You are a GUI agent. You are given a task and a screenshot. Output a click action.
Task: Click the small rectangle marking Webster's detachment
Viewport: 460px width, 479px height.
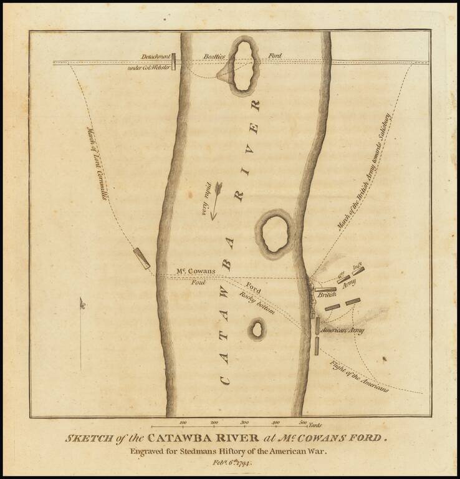[175, 61]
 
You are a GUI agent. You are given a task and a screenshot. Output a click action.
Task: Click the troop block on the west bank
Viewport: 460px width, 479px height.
[141, 258]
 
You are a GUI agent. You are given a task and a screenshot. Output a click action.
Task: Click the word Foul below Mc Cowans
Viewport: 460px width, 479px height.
[198, 283]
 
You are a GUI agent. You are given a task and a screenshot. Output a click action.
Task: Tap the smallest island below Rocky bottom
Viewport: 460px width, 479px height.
[256, 329]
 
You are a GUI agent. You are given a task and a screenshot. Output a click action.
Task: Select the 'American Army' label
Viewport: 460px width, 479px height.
[342, 329]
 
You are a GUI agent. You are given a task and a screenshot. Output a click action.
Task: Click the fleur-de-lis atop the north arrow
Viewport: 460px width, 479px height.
[82, 304]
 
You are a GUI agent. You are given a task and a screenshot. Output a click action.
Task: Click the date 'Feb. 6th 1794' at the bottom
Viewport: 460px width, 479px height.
[230, 465]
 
